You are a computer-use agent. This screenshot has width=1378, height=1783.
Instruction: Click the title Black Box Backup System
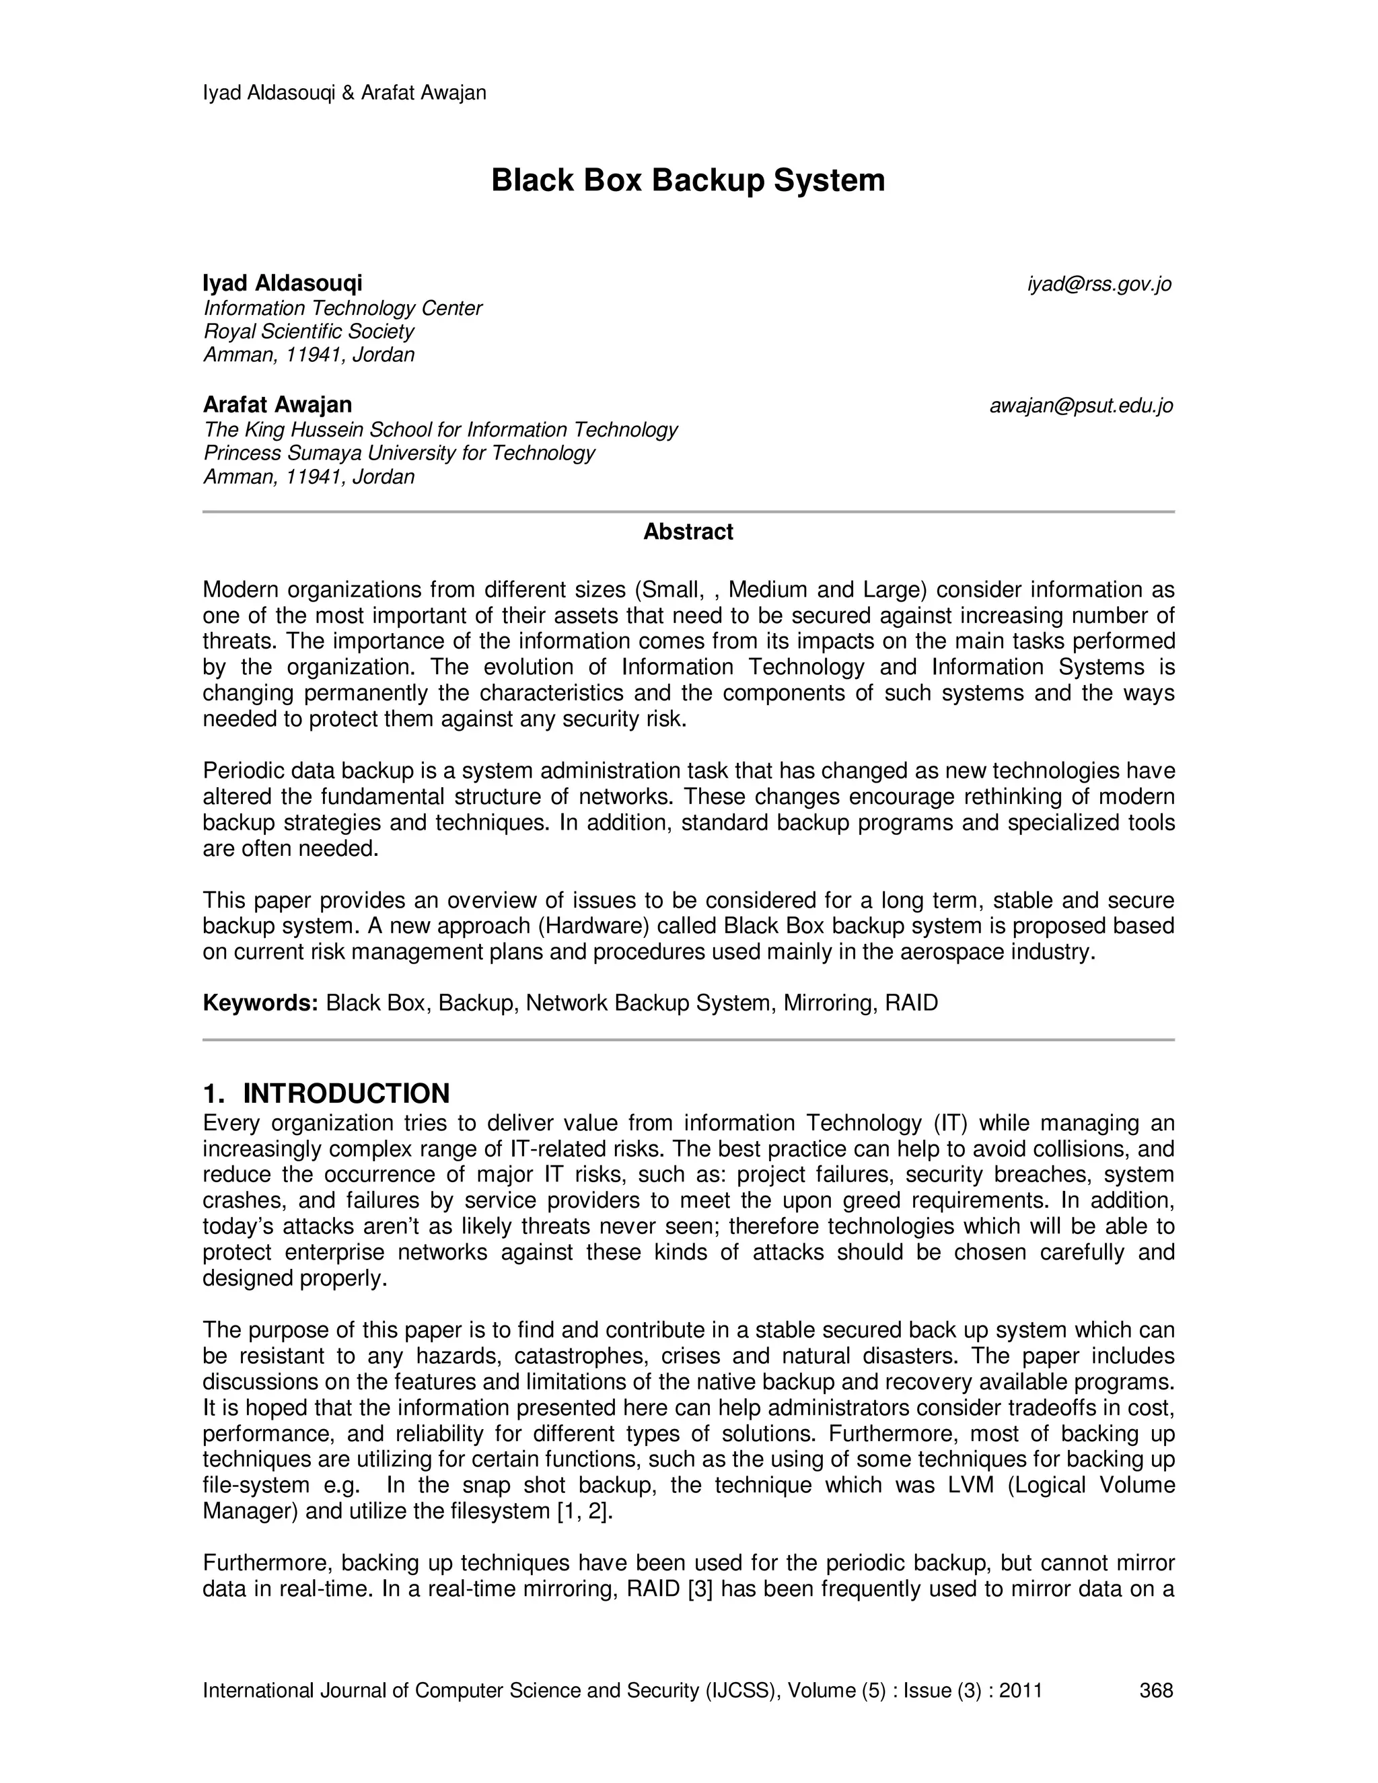click(688, 180)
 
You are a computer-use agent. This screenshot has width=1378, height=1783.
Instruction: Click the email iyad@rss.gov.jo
click(1099, 284)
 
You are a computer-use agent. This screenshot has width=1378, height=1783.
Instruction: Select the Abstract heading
click(688, 532)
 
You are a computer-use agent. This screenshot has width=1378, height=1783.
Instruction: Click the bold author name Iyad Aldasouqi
click(283, 283)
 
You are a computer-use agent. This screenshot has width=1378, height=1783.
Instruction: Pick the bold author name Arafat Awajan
click(278, 405)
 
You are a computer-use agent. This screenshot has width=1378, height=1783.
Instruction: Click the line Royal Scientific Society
click(309, 332)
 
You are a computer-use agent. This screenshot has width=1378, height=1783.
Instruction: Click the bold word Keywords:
click(260, 1003)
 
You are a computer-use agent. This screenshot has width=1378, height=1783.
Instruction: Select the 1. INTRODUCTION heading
click(326, 1093)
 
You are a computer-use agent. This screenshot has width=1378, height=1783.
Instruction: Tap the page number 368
click(1156, 1690)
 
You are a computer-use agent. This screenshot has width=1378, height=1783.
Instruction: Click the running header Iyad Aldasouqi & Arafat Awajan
click(344, 93)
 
